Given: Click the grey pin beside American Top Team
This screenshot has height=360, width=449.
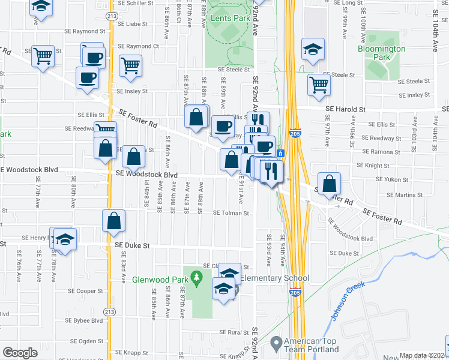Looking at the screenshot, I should point(276,344).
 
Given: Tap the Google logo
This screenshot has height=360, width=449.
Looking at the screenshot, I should point(20,353).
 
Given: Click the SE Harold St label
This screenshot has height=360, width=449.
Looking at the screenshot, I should point(345,109).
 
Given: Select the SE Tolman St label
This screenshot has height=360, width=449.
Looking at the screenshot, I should point(231,213).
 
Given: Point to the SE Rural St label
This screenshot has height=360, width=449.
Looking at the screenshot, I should point(234,332).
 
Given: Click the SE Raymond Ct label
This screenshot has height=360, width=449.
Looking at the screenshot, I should point(138,46).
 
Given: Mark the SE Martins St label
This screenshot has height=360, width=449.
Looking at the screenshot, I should point(405,195).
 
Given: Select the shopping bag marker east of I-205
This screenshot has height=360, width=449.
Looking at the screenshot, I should point(330,183).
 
